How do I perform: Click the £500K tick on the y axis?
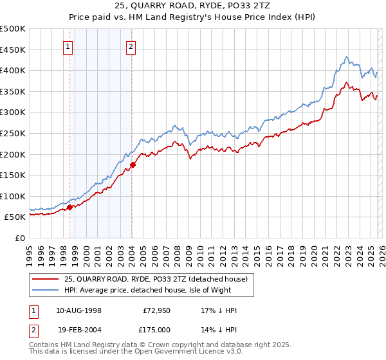point(13,29)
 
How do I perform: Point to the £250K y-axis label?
point(13,133)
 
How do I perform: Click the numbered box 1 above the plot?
point(68,46)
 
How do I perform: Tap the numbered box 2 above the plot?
point(131,46)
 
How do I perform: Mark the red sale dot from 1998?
point(69,207)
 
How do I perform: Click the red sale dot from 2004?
point(132,165)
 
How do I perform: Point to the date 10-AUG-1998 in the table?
point(78,310)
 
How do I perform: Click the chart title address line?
point(192,8)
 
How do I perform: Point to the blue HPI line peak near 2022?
point(346,57)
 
